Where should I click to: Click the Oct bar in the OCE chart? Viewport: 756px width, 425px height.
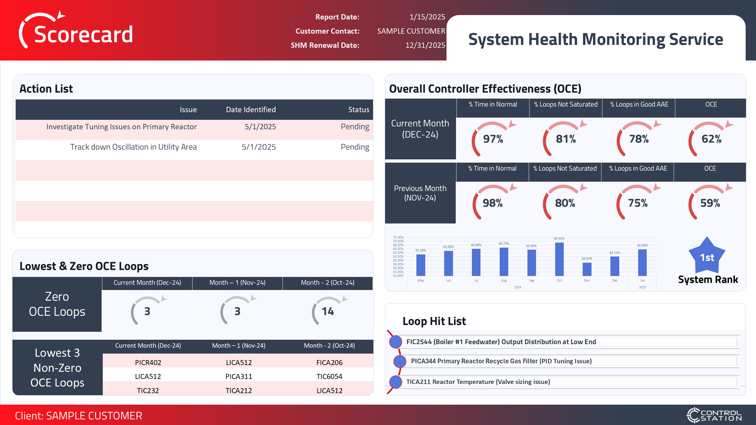point(559,259)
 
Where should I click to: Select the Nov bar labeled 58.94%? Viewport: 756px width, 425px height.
point(587,269)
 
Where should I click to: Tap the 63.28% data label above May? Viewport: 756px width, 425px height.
point(421,250)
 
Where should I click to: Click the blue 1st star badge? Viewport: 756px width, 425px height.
point(707,257)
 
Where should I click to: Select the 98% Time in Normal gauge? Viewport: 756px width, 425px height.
point(492,203)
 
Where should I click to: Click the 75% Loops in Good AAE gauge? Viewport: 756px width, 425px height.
point(638,203)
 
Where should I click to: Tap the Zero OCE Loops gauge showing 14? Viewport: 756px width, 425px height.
point(328,311)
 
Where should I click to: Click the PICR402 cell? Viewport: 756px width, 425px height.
point(148,362)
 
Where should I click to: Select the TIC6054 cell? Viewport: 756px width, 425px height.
point(329,376)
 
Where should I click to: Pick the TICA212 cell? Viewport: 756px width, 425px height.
point(239,390)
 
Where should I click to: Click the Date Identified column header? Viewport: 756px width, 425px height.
point(251,109)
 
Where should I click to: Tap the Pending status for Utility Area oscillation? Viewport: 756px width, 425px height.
point(355,147)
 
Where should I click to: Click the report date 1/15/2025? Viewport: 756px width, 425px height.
point(427,17)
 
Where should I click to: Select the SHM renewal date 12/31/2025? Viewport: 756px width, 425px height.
point(425,45)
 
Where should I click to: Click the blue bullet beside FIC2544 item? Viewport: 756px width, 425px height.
point(396,342)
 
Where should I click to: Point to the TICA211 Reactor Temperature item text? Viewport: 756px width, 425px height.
point(478,382)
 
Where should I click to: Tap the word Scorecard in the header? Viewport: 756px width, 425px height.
point(83,35)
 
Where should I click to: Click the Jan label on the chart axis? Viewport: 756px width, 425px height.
point(642,280)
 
